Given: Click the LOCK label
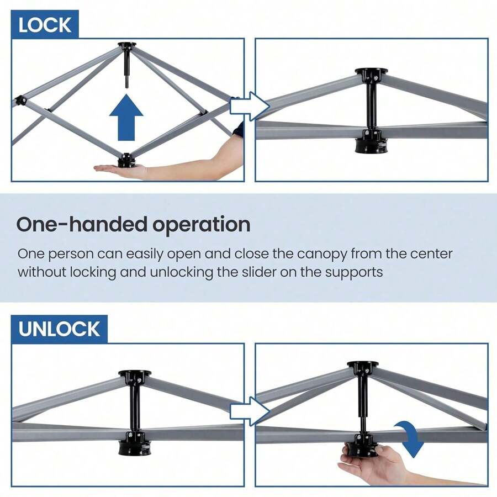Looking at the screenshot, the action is [45, 25].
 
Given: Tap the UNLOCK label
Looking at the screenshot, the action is [59, 329].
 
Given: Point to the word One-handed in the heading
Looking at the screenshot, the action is [82, 224].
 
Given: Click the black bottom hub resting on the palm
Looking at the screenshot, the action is [127, 161].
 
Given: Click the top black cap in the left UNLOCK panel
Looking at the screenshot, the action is [135, 374].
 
